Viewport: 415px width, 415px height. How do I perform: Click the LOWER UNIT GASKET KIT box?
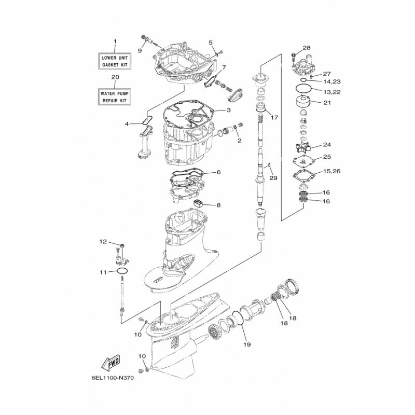click(x=115, y=61)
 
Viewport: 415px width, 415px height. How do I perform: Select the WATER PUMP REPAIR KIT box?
click(x=115, y=97)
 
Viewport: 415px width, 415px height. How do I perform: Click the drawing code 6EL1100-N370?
click(x=113, y=378)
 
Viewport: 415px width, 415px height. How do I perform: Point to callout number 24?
click(x=327, y=145)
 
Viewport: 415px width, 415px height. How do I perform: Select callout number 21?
click(x=327, y=102)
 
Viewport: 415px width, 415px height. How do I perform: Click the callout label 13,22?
click(x=331, y=92)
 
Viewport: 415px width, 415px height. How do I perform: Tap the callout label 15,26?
click(x=331, y=171)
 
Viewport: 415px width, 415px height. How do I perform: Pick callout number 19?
click(x=247, y=344)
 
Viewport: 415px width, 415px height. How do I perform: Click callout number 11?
click(x=103, y=272)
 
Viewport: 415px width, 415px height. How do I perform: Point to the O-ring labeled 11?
click(x=122, y=271)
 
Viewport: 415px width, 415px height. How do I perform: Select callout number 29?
click(x=273, y=178)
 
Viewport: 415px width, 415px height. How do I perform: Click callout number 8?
click(x=218, y=205)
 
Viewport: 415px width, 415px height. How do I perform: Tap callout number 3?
click(x=228, y=110)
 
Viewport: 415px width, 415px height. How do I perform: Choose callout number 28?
click(x=307, y=48)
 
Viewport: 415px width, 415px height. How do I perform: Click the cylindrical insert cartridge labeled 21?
click(x=303, y=101)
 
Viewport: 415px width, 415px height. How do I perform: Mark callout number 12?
click(x=103, y=241)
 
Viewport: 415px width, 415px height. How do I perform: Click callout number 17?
click(x=274, y=117)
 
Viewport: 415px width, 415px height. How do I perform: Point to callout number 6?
click(x=218, y=172)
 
